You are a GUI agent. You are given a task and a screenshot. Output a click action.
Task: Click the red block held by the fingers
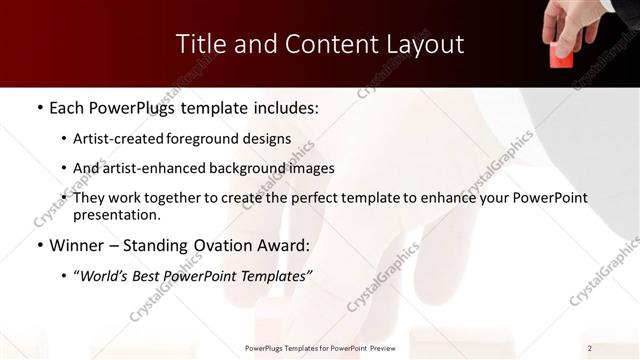(x=562, y=57)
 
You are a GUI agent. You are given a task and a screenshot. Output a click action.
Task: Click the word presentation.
(x=116, y=215)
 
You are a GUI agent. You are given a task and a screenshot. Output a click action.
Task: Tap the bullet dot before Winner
(x=39, y=246)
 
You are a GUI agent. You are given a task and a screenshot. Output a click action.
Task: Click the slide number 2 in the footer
(x=590, y=348)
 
